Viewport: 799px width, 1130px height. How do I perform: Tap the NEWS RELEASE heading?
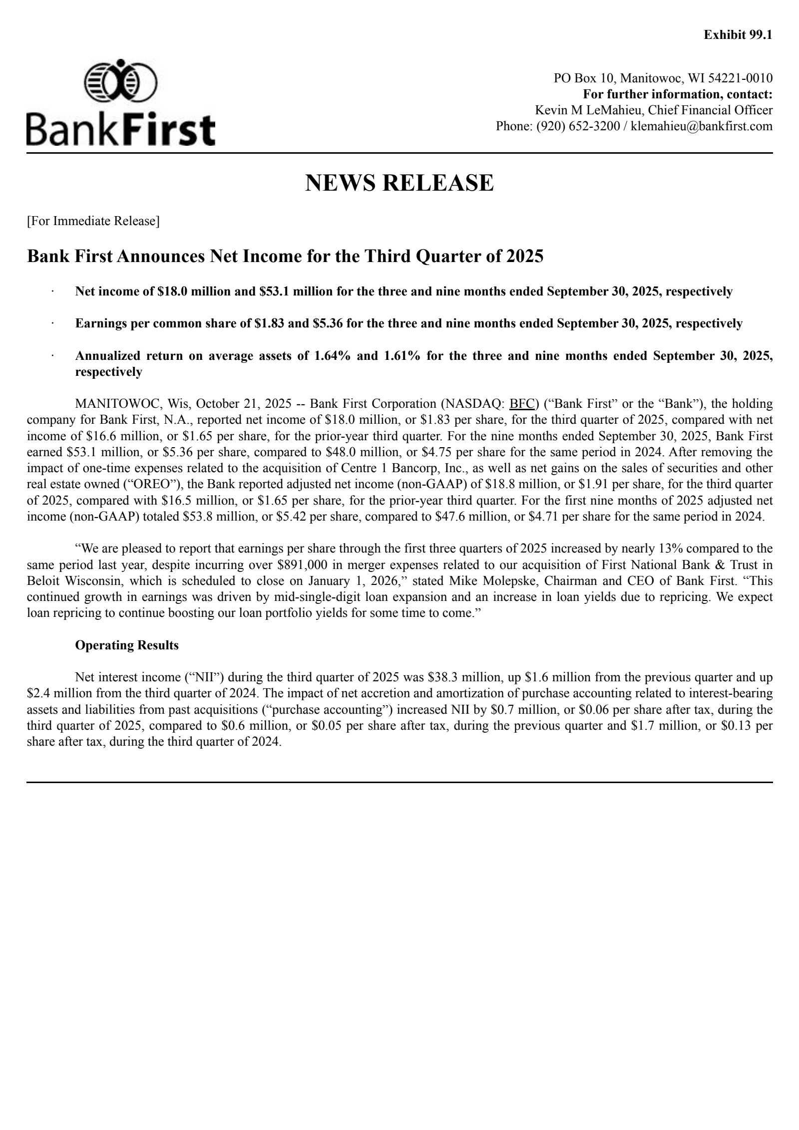pos(399,183)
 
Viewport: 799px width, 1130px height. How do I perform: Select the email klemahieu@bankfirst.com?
pos(702,126)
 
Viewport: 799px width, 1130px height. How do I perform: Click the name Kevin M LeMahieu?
pos(587,110)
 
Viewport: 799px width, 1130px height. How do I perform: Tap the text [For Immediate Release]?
pos(93,221)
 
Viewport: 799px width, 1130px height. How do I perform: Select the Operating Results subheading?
pos(127,645)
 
